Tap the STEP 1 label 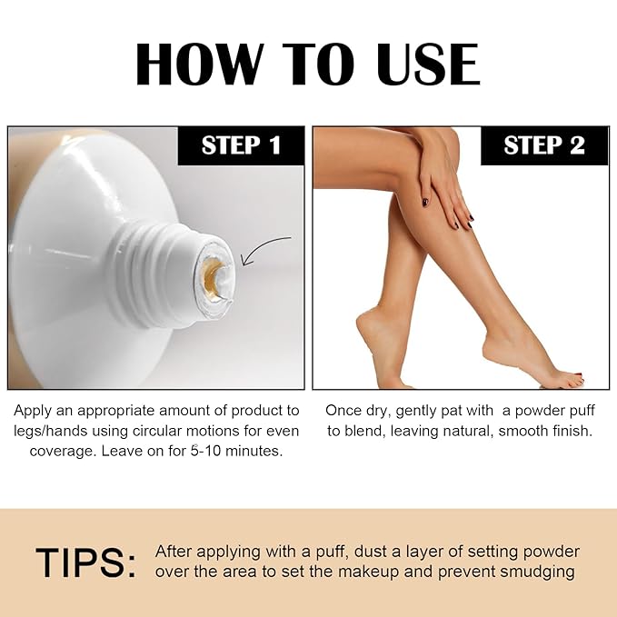241,145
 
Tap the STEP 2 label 543,145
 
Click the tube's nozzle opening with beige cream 214,270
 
